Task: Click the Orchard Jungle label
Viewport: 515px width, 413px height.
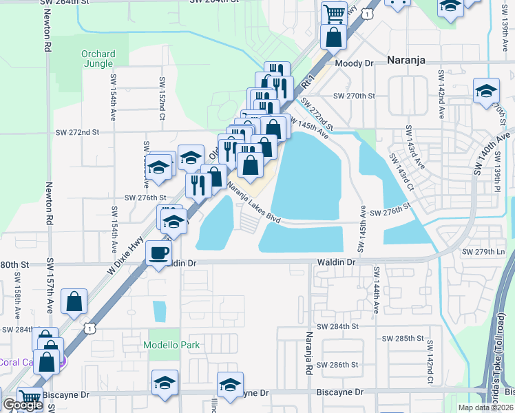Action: point(98,59)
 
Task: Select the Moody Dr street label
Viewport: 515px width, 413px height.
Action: point(354,63)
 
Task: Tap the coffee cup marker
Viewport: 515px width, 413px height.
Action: point(160,253)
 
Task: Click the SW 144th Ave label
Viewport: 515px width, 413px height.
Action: point(376,291)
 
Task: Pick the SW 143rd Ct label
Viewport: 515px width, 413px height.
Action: point(400,171)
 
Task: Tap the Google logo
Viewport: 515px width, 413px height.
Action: point(22,405)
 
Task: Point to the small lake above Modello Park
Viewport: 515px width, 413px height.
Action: point(160,312)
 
